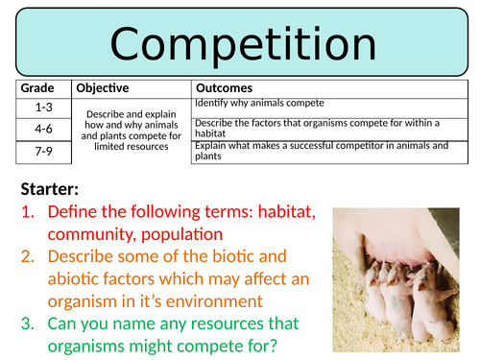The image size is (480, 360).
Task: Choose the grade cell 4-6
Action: click(42, 128)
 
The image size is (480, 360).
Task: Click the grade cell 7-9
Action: click(42, 149)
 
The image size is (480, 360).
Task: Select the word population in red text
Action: click(182, 233)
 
